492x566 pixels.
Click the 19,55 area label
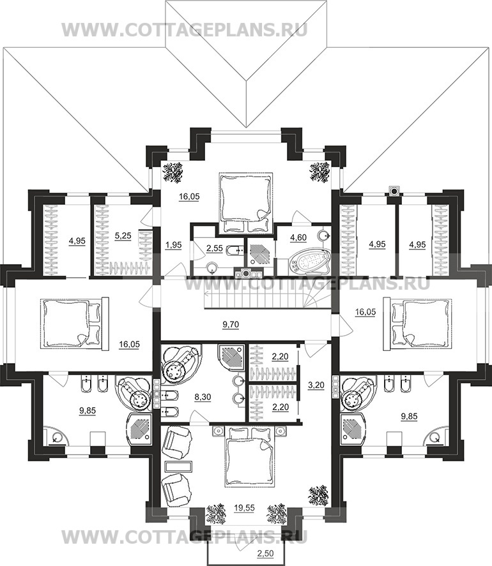(244, 508)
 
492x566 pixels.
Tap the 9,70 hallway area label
(231, 325)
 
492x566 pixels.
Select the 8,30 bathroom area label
(203, 397)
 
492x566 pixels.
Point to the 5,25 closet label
(123, 235)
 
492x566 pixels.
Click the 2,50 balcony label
(266, 553)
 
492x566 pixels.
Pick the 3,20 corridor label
(316, 385)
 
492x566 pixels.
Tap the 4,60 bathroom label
(298, 237)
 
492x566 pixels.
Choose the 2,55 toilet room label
(214, 248)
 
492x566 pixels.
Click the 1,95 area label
(174, 245)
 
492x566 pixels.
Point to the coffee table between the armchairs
(178, 466)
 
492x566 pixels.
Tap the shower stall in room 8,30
(233, 357)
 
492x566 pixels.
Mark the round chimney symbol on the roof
(394, 191)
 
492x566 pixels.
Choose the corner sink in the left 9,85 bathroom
(56, 436)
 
